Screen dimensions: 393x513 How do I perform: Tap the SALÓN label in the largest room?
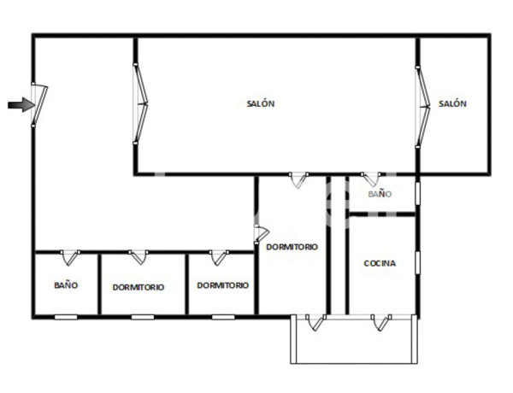pos(261,103)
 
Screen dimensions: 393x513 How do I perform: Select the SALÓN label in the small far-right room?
pos(452,103)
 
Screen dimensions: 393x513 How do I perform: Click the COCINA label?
pos(380,263)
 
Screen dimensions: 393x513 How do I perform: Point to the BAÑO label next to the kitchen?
pos(380,194)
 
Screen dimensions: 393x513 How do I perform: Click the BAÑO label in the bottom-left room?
pos(66,285)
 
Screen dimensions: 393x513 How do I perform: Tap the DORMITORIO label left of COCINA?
pos(292,247)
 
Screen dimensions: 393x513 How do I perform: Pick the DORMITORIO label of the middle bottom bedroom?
pos(222,285)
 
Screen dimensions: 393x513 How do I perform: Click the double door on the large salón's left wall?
pos(140,104)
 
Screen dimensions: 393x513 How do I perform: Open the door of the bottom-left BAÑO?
pos(69,256)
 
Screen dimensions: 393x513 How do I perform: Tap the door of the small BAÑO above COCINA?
pos(371,180)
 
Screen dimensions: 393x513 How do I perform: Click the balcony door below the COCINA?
pos(381,322)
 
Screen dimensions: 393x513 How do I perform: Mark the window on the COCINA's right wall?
pos(417,262)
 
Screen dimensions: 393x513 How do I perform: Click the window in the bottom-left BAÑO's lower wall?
pos(66,317)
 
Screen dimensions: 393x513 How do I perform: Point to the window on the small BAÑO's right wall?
pos(417,192)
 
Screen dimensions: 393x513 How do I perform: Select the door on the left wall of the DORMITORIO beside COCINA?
pos(261,232)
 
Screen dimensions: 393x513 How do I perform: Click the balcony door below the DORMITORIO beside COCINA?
pos(315,322)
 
